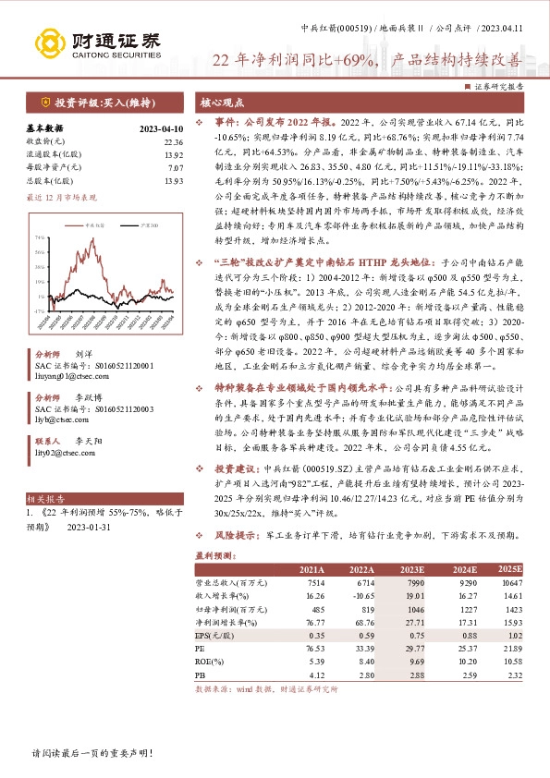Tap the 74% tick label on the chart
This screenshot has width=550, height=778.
click(40, 237)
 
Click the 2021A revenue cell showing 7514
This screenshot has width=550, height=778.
click(316, 585)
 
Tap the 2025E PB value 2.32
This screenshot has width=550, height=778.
click(514, 675)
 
